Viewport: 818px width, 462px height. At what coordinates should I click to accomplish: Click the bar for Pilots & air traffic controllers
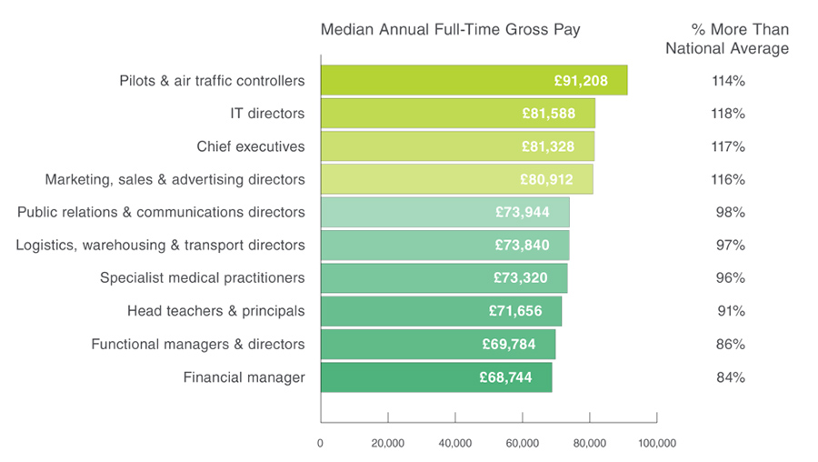(473, 80)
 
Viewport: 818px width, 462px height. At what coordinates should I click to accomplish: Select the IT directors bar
(457, 114)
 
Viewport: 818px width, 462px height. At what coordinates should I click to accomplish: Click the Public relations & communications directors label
(161, 212)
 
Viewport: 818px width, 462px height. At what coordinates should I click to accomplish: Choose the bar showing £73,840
(444, 245)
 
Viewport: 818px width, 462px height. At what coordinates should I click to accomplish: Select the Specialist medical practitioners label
(203, 277)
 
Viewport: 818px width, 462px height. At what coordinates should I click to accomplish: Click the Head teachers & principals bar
(441, 311)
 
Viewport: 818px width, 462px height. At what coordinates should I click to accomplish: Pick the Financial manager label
(244, 377)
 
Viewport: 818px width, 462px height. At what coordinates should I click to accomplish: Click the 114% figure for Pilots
(728, 81)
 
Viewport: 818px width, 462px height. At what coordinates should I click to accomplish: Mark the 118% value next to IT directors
(728, 114)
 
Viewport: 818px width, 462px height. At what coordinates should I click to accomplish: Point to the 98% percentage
(729, 212)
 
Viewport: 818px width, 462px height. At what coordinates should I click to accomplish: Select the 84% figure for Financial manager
(729, 377)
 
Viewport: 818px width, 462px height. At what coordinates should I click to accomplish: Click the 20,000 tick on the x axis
(388, 443)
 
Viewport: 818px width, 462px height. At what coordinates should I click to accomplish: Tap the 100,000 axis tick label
(656, 443)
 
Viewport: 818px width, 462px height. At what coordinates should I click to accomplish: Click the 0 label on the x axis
(321, 443)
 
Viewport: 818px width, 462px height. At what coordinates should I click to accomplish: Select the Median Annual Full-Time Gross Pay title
(450, 30)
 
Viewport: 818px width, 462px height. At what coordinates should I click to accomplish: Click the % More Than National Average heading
(727, 39)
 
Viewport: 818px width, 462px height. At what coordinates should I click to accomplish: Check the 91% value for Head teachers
(729, 311)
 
